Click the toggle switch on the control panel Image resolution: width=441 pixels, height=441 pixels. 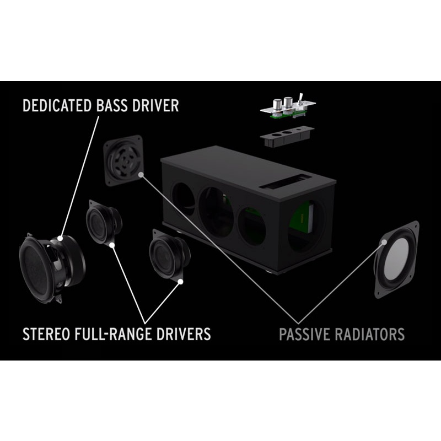point(302,99)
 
